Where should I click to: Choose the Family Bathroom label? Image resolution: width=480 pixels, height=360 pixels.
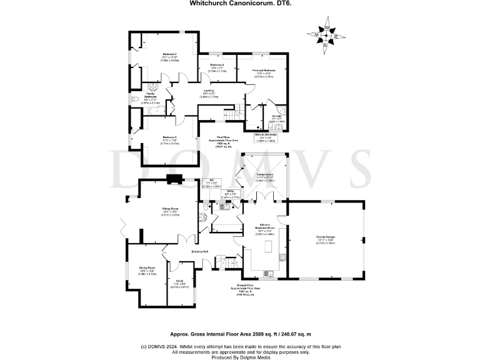click(x=151, y=97)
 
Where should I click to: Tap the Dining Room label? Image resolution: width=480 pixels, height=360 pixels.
click(x=147, y=269)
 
